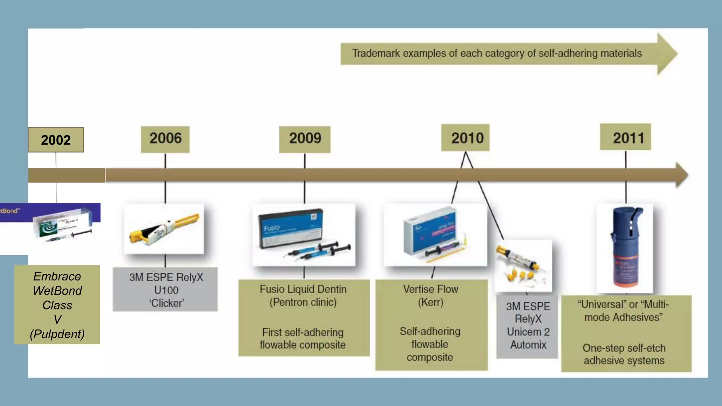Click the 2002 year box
click(56, 140)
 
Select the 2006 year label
click(165, 139)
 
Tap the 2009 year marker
click(305, 139)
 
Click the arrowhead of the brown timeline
click(681, 175)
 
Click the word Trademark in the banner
click(376, 54)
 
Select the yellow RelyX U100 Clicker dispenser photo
click(164, 229)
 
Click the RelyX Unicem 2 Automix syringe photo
click(523, 266)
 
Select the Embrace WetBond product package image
click(62, 227)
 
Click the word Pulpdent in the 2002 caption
click(57, 334)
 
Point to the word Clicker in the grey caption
click(166, 303)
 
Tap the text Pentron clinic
click(303, 302)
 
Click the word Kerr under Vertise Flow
click(430, 302)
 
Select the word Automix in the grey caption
click(528, 345)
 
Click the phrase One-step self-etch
click(624, 348)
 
